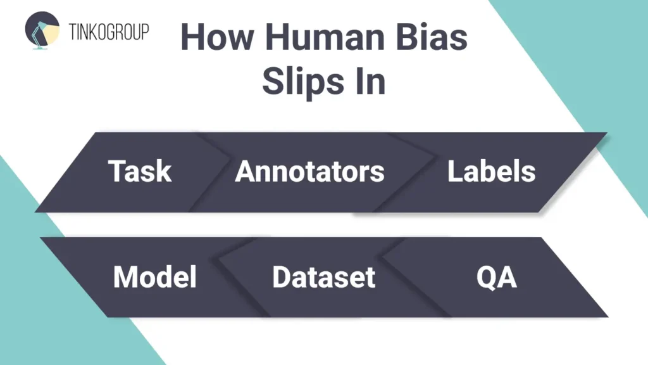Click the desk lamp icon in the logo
click(42, 31)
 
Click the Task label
click(140, 171)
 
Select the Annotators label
click(309, 171)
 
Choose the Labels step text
click(491, 171)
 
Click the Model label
click(155, 278)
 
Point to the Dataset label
click(323, 278)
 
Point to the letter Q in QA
click(486, 278)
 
